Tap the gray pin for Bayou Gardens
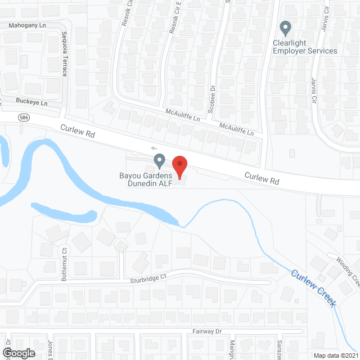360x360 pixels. coord(159,161)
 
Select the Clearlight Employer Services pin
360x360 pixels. coord(285,28)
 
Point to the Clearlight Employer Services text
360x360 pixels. coord(305,47)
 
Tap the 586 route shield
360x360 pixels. coord(7,118)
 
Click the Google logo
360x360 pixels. coord(18,353)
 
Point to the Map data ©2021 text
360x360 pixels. coord(336,355)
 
